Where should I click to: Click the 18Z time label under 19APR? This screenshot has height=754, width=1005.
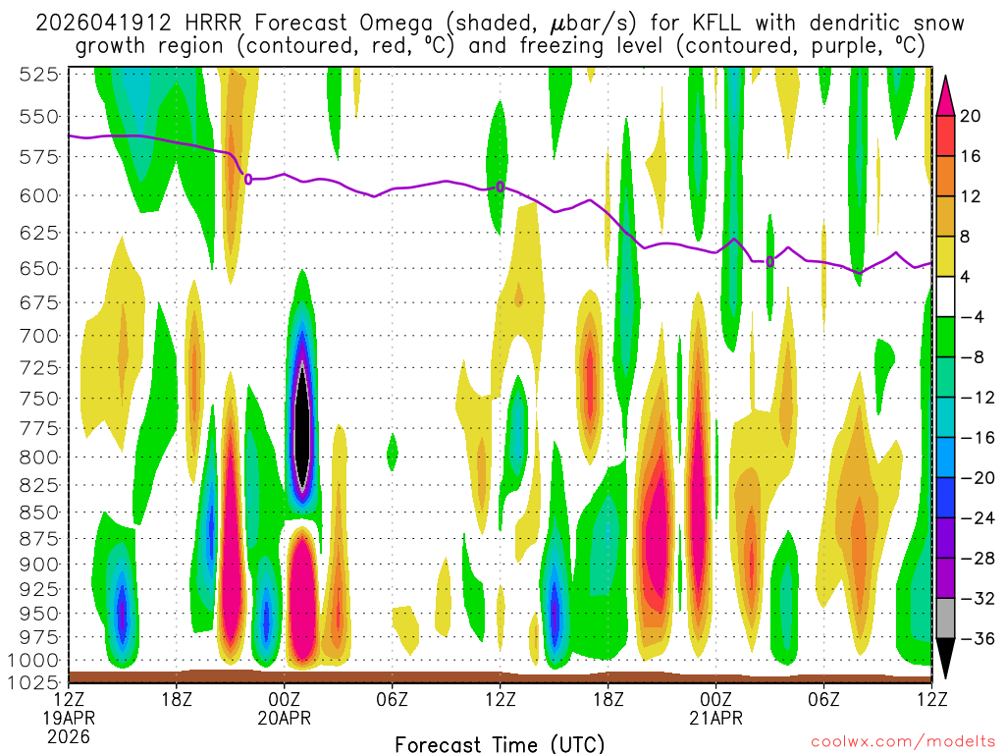point(177,699)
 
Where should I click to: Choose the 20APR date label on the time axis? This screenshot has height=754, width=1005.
point(285,718)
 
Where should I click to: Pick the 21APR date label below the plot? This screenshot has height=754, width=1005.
point(716,718)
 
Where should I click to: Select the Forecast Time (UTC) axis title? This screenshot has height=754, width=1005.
point(500,743)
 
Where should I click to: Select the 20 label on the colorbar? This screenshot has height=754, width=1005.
point(971,116)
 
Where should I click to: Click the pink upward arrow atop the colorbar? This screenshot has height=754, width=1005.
point(946,93)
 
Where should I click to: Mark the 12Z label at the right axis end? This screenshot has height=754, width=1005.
point(931,699)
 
